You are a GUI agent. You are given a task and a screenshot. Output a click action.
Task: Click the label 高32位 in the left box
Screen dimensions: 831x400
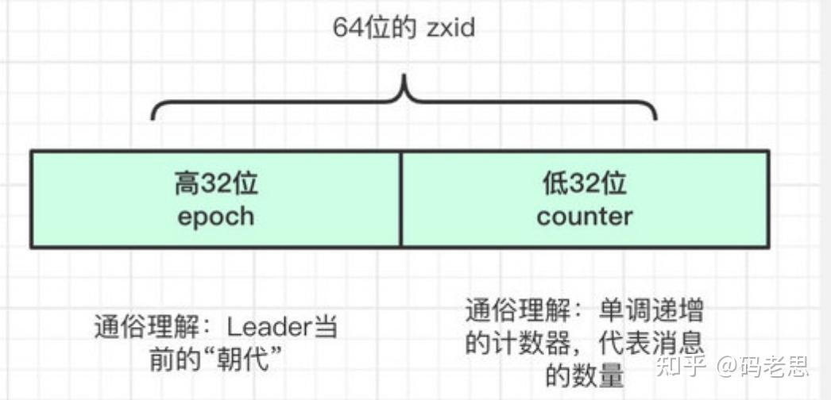coord(216,184)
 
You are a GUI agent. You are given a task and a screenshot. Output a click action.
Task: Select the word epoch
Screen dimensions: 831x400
coord(216,216)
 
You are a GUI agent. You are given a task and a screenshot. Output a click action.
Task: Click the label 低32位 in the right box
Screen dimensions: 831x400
coord(585,184)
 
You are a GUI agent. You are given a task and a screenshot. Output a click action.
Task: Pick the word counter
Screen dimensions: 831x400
coord(585,216)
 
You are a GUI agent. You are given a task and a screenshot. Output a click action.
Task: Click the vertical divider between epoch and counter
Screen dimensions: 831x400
coord(400,198)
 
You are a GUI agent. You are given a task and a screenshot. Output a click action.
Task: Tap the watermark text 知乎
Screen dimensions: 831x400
coord(684,367)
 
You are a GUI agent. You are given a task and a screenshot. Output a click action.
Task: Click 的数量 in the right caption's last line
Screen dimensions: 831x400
coord(585,374)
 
